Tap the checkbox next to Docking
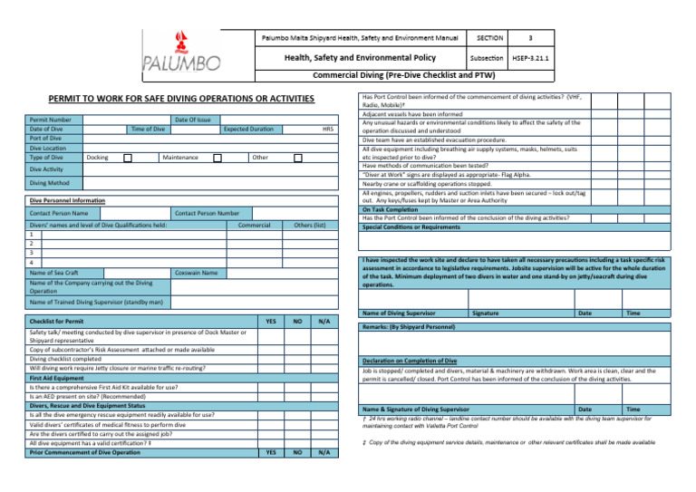coord(128,157)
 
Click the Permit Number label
coord(51,120)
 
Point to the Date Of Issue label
coord(192,120)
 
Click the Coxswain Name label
coord(195,273)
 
